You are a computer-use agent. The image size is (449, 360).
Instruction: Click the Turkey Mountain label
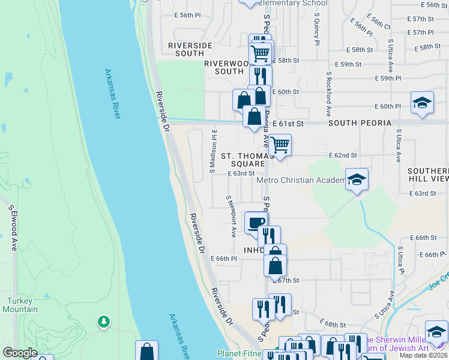click(x=22, y=305)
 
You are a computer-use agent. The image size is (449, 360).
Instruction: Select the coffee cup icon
click(x=255, y=223)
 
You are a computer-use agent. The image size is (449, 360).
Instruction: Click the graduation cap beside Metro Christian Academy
click(x=357, y=179)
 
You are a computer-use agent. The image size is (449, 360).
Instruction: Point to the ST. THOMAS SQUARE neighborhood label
click(x=243, y=160)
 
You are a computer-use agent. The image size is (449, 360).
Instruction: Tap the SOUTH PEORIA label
click(x=360, y=123)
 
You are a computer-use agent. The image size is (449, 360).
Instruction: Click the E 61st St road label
click(x=289, y=123)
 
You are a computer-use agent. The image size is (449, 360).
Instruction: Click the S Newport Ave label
click(x=231, y=215)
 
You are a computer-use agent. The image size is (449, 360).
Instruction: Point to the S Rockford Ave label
click(x=329, y=95)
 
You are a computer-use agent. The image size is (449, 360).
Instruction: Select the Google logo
click(x=19, y=353)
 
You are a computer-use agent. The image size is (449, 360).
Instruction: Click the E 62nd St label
click(x=343, y=155)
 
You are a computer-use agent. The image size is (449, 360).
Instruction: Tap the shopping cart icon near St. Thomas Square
click(x=279, y=145)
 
